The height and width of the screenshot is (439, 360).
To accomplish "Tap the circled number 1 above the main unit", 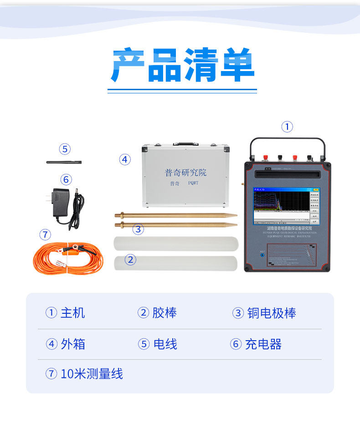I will pos(287,127).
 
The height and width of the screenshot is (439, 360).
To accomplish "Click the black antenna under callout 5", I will pos(64,162).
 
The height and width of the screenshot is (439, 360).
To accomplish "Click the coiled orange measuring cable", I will pos(68,259).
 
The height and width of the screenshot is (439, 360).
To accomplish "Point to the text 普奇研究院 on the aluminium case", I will pos(185,173).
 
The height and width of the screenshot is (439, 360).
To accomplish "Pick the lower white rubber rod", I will pos(175,263).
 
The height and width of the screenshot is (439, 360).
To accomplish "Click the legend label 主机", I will pos(73,313).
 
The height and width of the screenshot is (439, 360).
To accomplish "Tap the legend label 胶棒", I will pos(165,313).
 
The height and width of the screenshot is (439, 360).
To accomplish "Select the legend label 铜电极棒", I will pos(272,313).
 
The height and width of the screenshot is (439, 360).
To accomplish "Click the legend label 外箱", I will pos(73,344).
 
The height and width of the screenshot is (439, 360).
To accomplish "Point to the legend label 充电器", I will pos(263,344).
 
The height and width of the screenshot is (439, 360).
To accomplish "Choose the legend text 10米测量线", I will pos(92,374).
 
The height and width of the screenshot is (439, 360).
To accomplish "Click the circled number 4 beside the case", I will pos(125,160).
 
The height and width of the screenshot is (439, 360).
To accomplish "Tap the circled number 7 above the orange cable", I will pos(45,235).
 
